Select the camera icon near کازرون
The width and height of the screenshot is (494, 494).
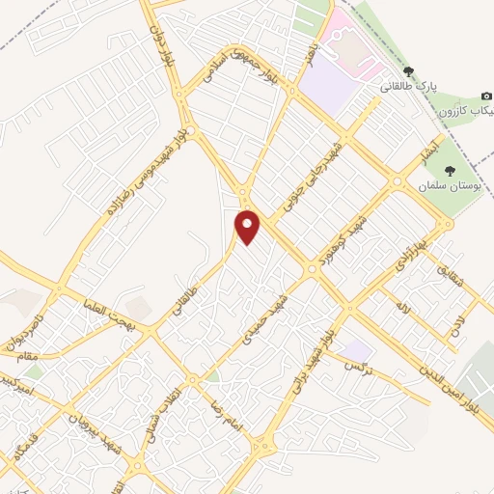point(486,96)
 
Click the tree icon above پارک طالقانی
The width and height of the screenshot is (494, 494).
point(409,71)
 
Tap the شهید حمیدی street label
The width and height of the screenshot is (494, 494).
point(265,318)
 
